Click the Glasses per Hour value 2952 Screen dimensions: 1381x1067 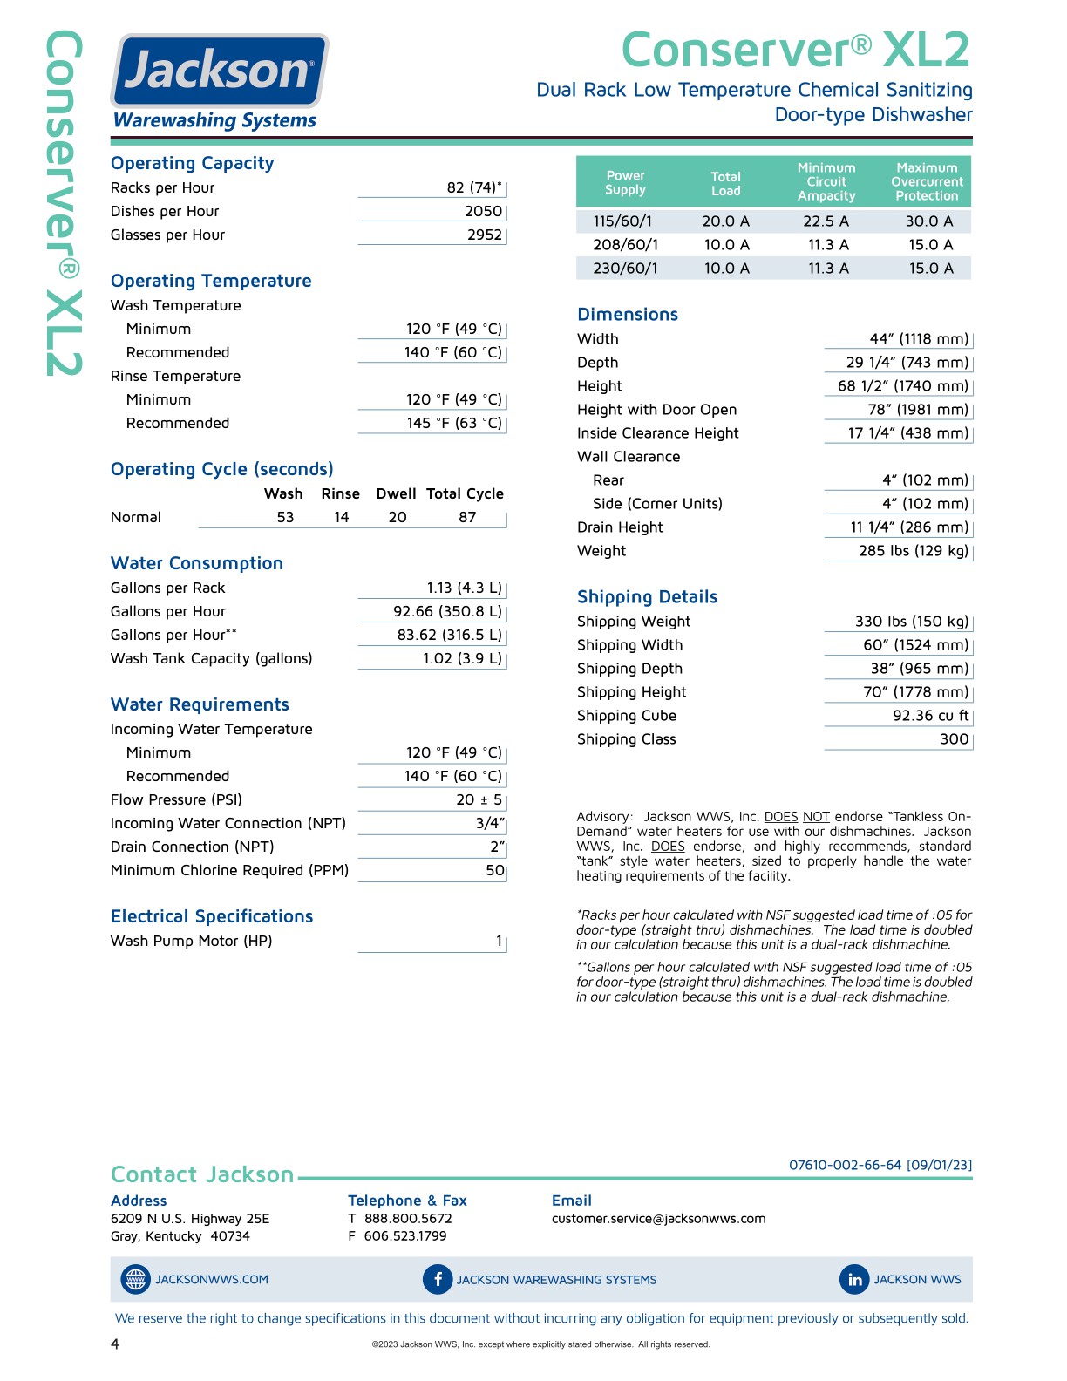click(484, 235)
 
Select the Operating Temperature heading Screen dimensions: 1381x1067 click(211, 281)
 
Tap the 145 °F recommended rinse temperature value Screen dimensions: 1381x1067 click(453, 423)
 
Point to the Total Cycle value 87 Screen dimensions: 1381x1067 click(467, 517)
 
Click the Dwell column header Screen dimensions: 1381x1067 click(396, 493)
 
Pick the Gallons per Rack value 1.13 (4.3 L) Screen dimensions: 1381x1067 click(464, 588)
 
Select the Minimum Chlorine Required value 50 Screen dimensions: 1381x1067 click(494, 870)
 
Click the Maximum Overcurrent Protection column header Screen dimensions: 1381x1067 click(927, 181)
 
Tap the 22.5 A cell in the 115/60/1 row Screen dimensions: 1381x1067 click(826, 221)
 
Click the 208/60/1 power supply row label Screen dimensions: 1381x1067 click(625, 245)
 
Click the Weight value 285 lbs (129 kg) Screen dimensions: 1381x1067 click(913, 550)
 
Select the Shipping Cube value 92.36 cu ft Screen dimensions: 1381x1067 click(930, 715)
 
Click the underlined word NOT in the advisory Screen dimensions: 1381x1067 click(816, 817)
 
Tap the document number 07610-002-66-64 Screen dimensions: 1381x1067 click(845, 1165)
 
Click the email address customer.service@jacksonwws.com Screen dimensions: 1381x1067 click(658, 1219)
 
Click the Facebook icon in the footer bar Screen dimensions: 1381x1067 click(438, 1279)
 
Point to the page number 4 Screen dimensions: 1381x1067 click(115, 1344)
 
